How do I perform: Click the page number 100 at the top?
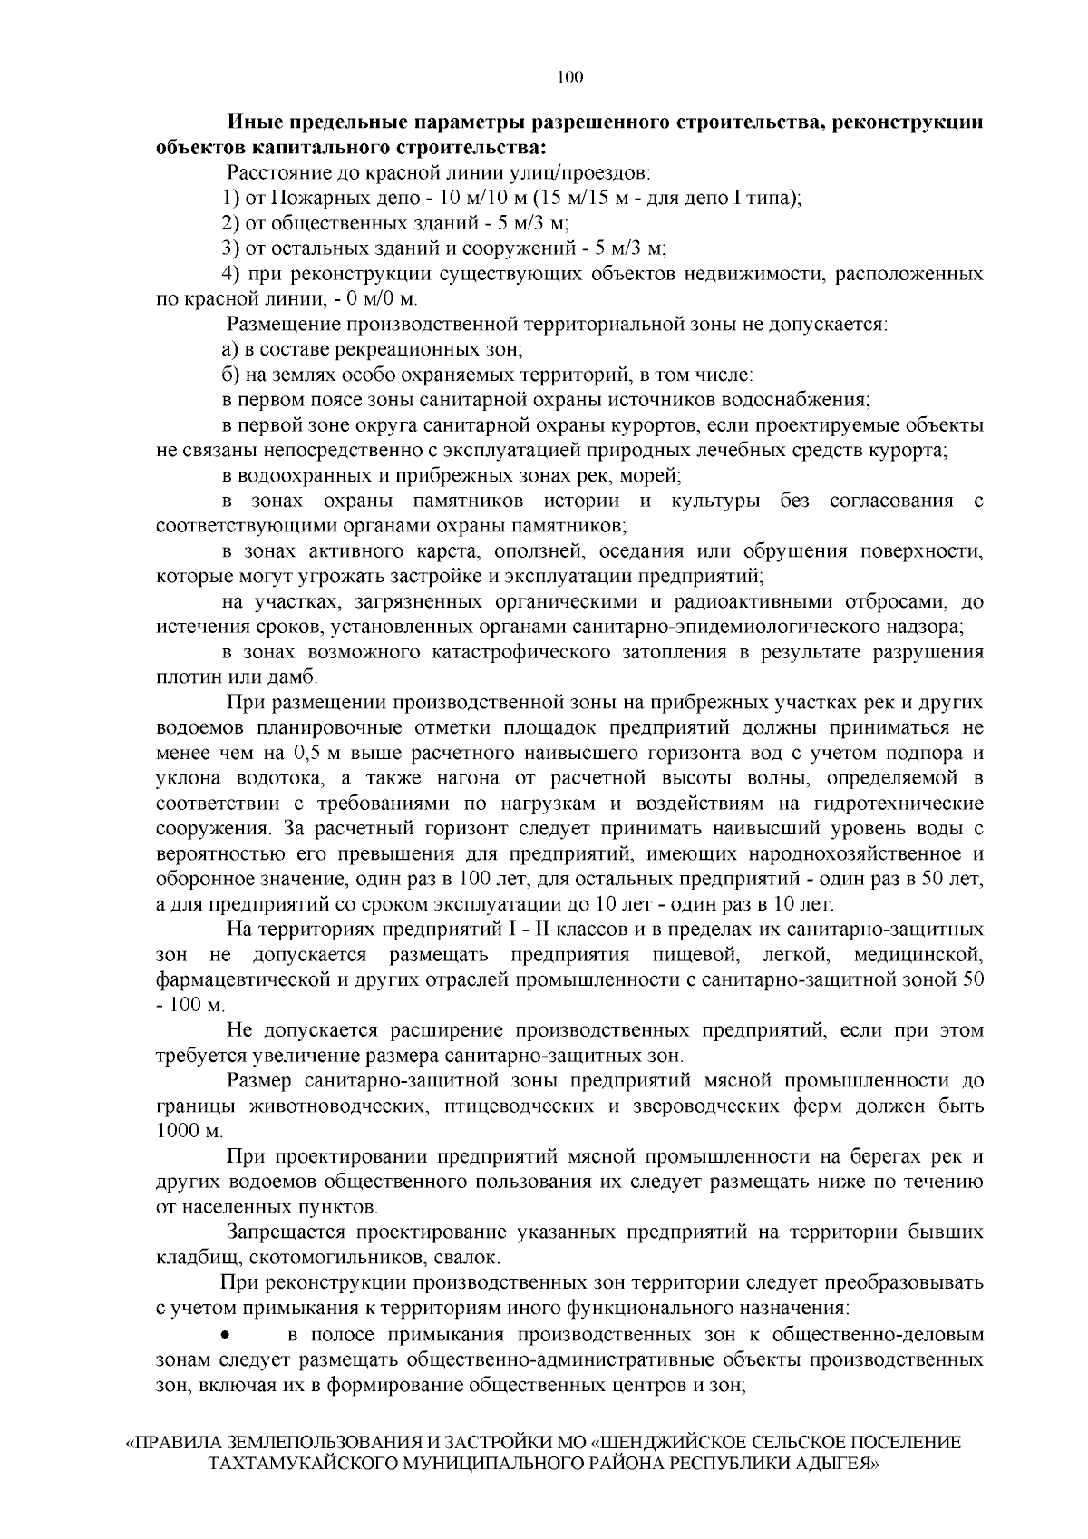click(569, 77)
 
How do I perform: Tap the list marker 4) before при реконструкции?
click(232, 274)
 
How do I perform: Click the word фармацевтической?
click(232, 979)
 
